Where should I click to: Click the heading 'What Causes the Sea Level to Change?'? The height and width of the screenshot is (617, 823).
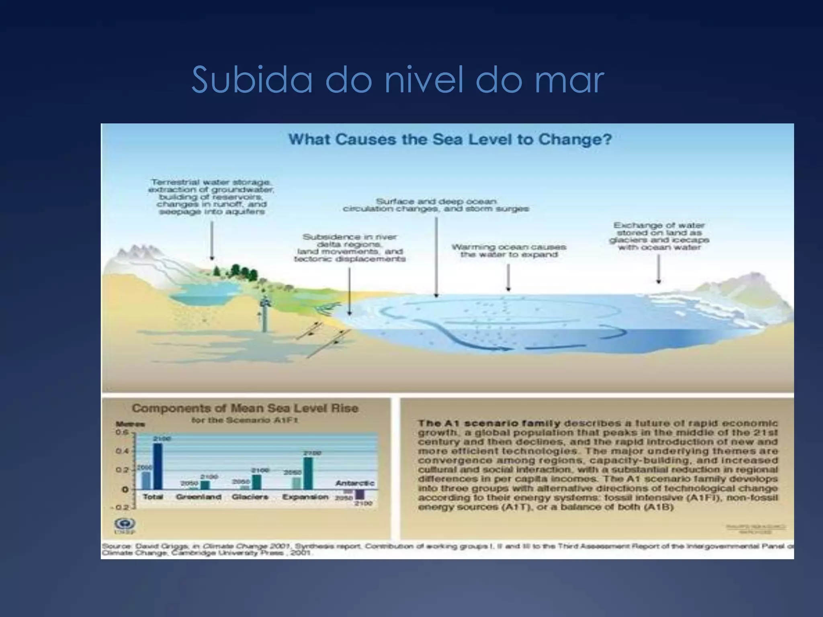coord(450,140)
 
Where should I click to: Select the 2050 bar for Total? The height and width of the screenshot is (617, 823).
coord(146,480)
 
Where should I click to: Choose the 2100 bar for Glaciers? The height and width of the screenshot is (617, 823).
coord(256,482)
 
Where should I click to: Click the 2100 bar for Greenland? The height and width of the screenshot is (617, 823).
coord(205,485)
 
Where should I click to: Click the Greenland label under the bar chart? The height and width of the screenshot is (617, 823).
coord(199,497)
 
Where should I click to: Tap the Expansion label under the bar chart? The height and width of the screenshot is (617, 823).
coord(305,497)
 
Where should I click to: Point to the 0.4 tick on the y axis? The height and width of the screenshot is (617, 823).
coord(122,451)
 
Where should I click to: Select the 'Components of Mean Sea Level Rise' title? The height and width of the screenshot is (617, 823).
coord(245,409)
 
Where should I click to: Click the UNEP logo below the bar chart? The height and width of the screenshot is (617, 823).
coord(119,524)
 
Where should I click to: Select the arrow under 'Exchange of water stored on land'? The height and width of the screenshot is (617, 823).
coord(658,269)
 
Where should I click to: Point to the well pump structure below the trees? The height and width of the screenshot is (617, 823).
coord(264,313)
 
